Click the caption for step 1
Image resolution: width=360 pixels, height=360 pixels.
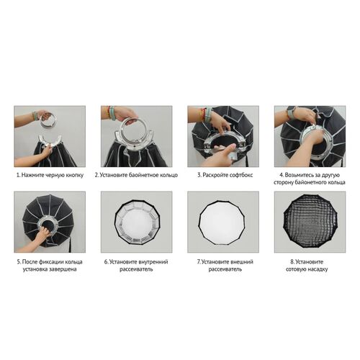pyautogui.click(x=50, y=175)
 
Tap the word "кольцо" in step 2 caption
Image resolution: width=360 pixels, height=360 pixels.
pyautogui.click(x=168, y=175)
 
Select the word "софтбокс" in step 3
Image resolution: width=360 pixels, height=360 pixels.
pyautogui.click(x=241, y=175)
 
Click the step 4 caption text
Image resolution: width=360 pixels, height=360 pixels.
pyautogui.click(x=310, y=179)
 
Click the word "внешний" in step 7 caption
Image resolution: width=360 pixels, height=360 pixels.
pyautogui.click(x=241, y=262)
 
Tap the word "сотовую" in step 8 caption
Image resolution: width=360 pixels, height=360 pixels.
pyautogui.click(x=297, y=269)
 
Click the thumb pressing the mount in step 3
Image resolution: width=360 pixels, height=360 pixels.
pyautogui.click(x=225, y=151)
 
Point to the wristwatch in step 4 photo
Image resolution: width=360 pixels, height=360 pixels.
pyautogui.click(x=291, y=112)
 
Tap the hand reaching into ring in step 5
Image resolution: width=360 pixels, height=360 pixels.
pyautogui.click(x=44, y=233)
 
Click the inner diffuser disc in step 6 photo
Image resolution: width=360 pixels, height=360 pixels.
pyautogui.click(x=137, y=222)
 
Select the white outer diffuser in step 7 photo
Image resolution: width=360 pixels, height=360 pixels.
pyautogui.click(x=223, y=222)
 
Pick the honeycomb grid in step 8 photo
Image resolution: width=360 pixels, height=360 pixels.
pyautogui.click(x=310, y=222)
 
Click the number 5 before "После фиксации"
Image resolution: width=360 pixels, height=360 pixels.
pyautogui.click(x=19, y=262)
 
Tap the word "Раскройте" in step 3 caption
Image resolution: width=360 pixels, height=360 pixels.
pyautogui.click(x=215, y=175)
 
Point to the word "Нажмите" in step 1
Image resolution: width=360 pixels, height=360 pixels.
pyautogui.click(x=31, y=175)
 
